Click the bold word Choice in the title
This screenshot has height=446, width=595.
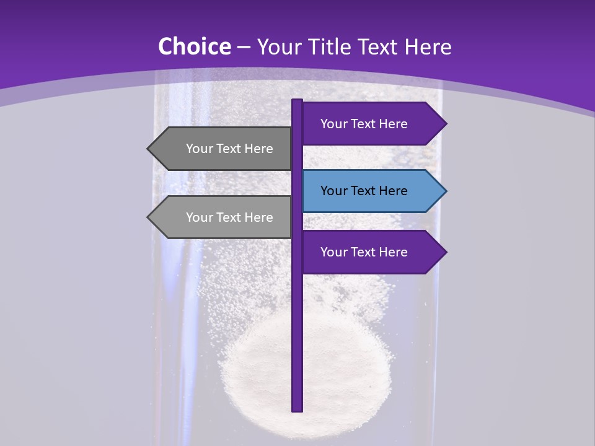[x=194, y=46]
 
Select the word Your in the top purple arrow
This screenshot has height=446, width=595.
[x=333, y=124]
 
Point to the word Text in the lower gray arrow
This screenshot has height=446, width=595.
[x=230, y=217]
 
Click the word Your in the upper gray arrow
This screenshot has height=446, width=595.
[x=199, y=149]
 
